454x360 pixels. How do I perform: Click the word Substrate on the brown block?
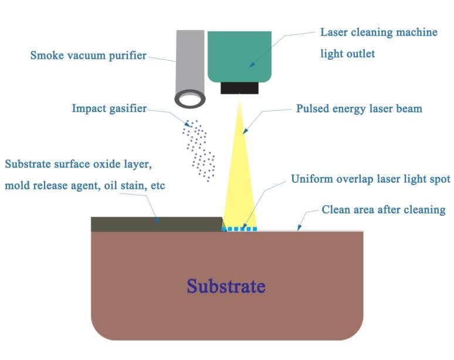pyautogui.click(x=226, y=286)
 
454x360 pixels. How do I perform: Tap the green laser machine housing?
pyautogui.click(x=239, y=56)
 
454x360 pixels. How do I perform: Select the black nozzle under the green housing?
pyautogui.click(x=239, y=88)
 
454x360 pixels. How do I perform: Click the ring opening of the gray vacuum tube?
pyautogui.click(x=189, y=99)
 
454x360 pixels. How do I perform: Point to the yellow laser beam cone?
pyautogui.click(x=239, y=176)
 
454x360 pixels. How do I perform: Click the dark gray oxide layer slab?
pyautogui.click(x=155, y=224)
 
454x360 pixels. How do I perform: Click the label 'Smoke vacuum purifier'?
pyautogui.click(x=88, y=56)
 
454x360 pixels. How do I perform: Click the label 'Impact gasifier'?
pyautogui.click(x=109, y=108)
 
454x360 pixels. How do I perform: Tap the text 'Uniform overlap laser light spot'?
pyautogui.click(x=371, y=179)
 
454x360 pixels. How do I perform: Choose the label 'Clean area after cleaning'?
pyautogui.click(x=384, y=209)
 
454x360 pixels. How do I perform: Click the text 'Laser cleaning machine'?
pyautogui.click(x=378, y=32)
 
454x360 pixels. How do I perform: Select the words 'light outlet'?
pyautogui.click(x=347, y=54)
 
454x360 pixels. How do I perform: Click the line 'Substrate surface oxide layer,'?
pyautogui.click(x=82, y=163)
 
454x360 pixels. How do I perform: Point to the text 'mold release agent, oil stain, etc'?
pyautogui.click(x=84, y=186)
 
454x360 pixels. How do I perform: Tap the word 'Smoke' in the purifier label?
pyautogui.click(x=46, y=56)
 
